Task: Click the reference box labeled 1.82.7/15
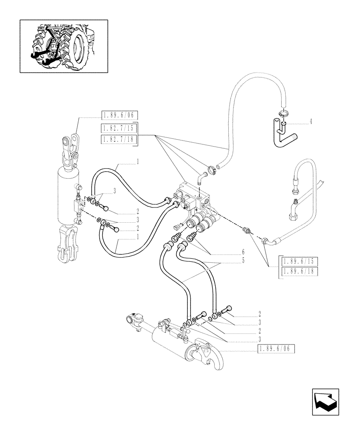click(119, 128)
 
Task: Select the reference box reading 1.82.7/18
click(119, 139)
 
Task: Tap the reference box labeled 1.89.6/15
click(300, 261)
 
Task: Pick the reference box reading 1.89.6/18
click(300, 271)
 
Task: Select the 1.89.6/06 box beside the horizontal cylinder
click(276, 348)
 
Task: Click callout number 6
click(243, 252)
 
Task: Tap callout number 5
click(243, 260)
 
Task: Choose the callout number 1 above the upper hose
click(138, 161)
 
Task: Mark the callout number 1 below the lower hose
click(138, 237)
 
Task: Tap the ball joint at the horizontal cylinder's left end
click(132, 320)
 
